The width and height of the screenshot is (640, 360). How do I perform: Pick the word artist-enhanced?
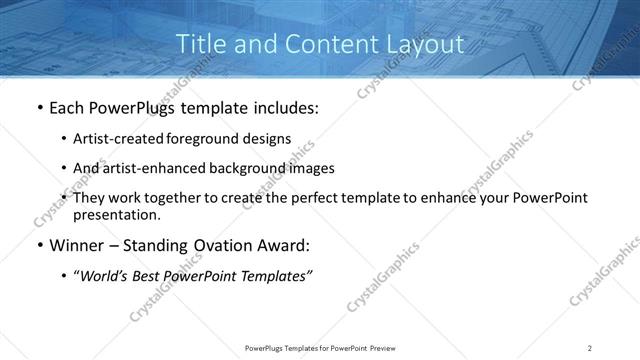point(149,168)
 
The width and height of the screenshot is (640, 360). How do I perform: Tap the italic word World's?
point(105,276)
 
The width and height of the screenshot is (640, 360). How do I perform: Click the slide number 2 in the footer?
point(589,347)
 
